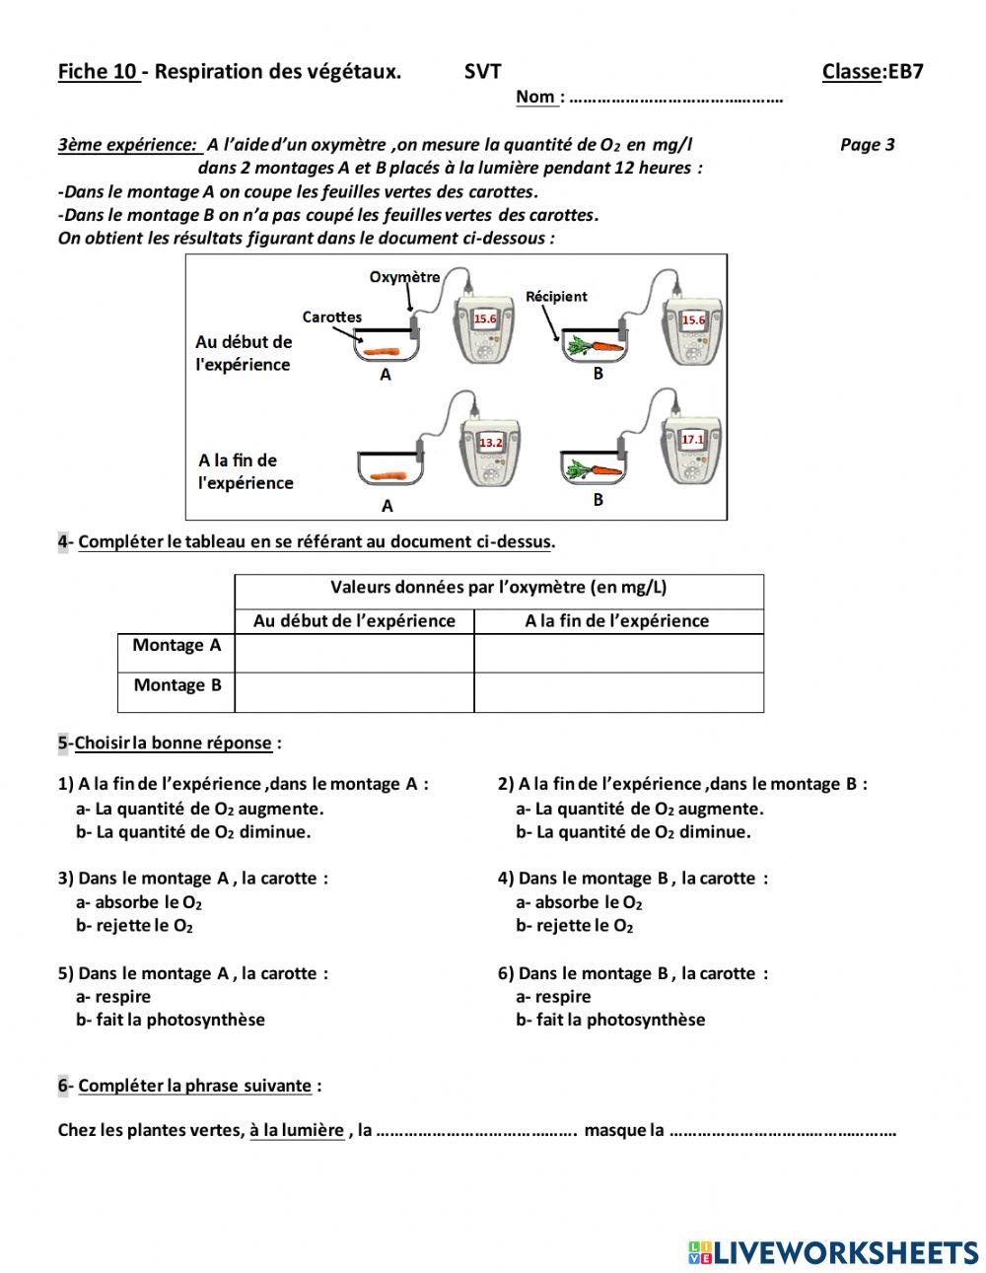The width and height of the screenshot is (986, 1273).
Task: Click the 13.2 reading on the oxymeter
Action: click(x=490, y=443)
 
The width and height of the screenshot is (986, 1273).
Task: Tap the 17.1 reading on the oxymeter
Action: click(x=693, y=439)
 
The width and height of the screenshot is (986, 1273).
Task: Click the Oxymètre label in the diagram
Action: click(x=404, y=277)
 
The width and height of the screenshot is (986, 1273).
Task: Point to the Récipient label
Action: click(x=556, y=296)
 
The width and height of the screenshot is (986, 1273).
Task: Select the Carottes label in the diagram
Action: click(x=332, y=317)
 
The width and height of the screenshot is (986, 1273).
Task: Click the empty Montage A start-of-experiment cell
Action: click(x=354, y=653)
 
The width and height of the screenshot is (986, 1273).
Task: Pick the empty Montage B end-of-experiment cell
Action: click(x=618, y=692)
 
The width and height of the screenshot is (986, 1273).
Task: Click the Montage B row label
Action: click(x=176, y=685)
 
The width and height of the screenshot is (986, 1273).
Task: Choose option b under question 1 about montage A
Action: click(x=193, y=831)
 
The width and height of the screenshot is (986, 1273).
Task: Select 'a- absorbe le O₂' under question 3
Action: click(x=139, y=902)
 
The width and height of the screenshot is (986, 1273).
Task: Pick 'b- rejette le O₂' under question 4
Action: click(x=574, y=925)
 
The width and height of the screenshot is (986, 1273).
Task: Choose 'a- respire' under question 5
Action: click(x=113, y=996)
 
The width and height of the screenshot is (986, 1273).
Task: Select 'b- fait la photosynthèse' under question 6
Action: click(x=610, y=1020)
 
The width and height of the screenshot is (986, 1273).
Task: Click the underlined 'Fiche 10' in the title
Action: click(x=98, y=71)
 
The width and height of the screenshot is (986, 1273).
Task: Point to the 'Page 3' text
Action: click(x=867, y=145)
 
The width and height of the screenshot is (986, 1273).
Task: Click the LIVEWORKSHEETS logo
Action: click(x=832, y=1251)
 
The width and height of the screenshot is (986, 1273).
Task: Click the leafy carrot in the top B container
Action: click(x=594, y=346)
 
